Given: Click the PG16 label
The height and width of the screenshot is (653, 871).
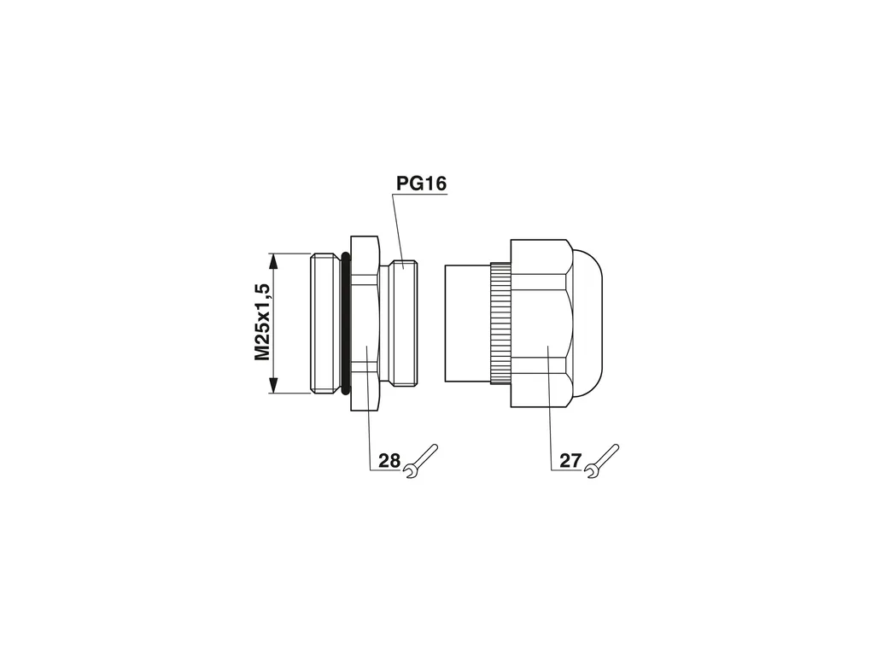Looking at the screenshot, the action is pos(421,184).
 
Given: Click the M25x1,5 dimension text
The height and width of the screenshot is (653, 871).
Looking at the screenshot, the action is pos(262,322).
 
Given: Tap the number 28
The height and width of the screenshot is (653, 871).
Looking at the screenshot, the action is pos(389,461).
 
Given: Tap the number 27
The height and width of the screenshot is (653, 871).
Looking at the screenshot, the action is pos(570,461).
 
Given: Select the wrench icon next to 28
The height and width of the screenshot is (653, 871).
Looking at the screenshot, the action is pos(421,462).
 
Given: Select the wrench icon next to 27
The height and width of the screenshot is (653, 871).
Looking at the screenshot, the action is pos(602,462).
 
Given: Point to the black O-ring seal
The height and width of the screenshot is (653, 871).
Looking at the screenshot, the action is pos(346,324).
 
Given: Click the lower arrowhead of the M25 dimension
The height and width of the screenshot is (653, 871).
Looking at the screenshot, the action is pos(272,384).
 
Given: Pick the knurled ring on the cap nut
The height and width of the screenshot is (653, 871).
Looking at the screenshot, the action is pos(500,324).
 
